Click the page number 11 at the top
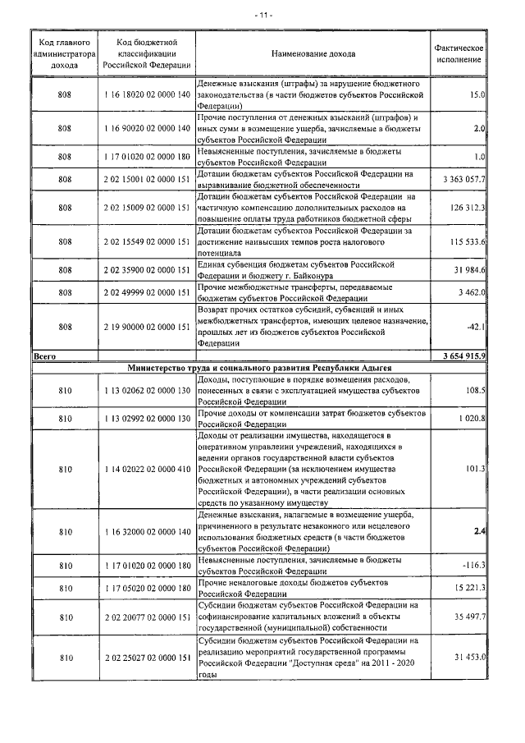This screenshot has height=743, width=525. [x=263, y=15]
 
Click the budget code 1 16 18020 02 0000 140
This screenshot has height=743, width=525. [x=148, y=96]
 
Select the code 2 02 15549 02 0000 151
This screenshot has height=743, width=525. [x=148, y=242]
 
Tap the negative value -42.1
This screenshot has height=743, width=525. [x=475, y=328]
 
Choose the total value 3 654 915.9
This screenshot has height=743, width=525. [x=464, y=355]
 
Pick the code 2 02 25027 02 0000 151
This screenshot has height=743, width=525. [x=148, y=658]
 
